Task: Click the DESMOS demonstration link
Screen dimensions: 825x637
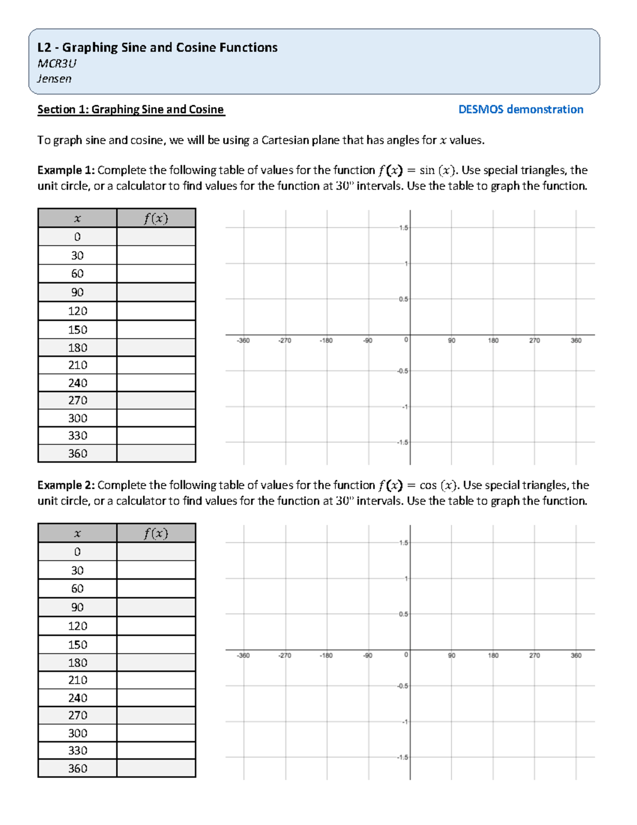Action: (x=520, y=109)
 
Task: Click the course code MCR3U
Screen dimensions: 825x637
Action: (x=57, y=64)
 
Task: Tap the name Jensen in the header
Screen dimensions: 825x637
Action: (x=54, y=79)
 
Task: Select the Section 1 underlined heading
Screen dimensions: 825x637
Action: (x=131, y=109)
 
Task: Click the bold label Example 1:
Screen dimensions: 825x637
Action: (x=66, y=170)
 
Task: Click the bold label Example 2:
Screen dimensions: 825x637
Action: (x=66, y=485)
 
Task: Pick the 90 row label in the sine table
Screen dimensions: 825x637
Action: (x=78, y=292)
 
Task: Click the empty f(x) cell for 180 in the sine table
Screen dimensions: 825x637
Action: (x=156, y=347)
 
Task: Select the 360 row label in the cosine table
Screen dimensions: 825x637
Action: (x=78, y=768)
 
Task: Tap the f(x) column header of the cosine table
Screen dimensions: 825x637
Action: (x=156, y=533)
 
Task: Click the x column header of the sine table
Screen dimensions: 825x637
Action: (x=78, y=218)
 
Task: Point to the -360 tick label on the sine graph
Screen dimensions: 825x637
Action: (x=243, y=341)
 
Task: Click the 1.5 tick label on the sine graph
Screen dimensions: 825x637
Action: (x=403, y=228)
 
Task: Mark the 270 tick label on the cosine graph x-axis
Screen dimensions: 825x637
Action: (x=534, y=656)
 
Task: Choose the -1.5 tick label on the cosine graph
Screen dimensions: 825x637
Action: (x=402, y=758)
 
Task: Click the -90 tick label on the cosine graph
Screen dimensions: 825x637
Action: (x=367, y=656)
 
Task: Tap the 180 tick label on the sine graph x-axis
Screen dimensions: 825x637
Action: (x=493, y=341)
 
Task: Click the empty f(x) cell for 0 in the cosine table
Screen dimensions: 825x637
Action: (x=156, y=551)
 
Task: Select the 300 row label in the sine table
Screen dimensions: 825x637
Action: (x=78, y=418)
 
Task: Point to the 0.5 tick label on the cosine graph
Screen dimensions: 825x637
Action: (x=403, y=614)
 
